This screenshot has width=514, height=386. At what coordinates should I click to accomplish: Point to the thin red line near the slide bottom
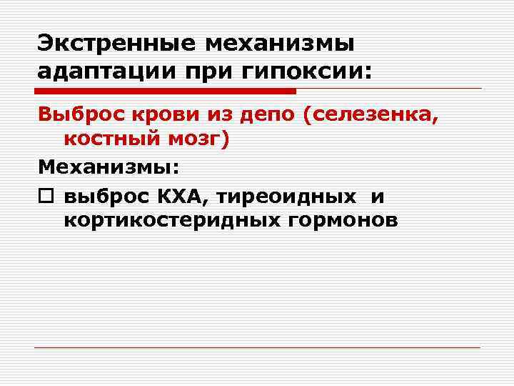(257, 347)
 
